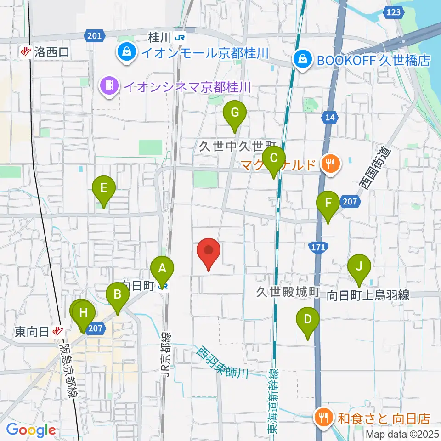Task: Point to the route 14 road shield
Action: (329, 118)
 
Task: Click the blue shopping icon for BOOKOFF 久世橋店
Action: (303, 59)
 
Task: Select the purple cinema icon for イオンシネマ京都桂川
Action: (109, 85)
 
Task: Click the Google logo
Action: (31, 430)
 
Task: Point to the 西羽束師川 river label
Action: (222, 363)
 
